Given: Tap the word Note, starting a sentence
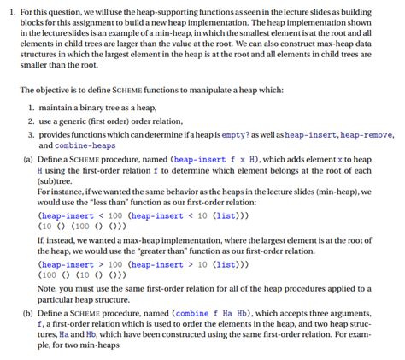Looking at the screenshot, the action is point(49,289).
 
